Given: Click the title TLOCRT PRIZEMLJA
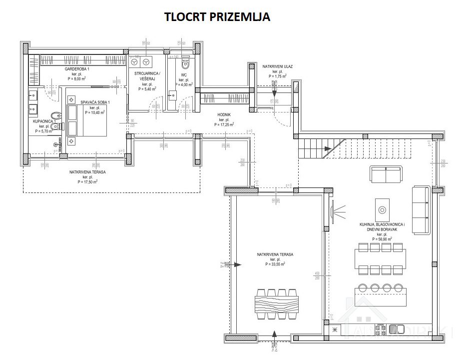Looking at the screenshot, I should click(x=217, y=17).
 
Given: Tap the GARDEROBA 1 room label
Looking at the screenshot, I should click(x=77, y=68).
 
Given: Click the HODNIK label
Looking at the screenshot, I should click(x=224, y=114).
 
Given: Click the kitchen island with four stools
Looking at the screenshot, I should click(x=378, y=296).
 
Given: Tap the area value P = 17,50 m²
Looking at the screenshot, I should click(x=87, y=182).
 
